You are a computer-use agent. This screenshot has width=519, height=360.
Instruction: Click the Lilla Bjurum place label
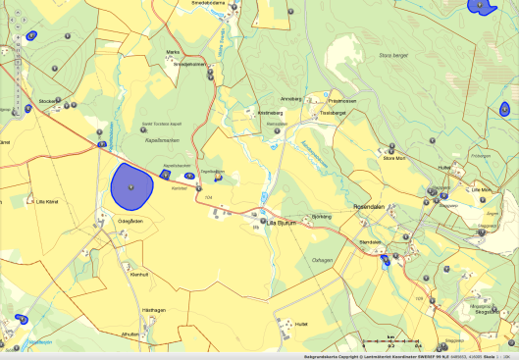point(282,224)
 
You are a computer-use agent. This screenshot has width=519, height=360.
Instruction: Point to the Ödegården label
point(130,221)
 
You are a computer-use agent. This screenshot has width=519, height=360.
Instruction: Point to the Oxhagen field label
point(323,259)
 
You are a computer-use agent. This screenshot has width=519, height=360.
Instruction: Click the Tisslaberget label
point(334,113)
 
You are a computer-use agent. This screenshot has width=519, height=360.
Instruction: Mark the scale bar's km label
point(390,336)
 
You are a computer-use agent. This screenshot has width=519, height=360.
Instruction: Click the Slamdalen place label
point(369,241)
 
